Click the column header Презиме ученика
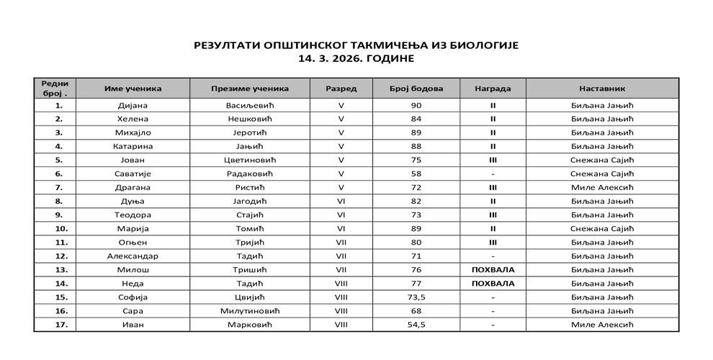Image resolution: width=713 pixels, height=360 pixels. click(250, 89)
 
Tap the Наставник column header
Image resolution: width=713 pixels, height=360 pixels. click(601, 89)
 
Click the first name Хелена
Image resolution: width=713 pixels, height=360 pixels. click(133, 119)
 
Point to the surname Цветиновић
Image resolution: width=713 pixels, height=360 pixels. click(250, 160)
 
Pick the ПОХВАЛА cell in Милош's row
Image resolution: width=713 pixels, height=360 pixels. click(493, 270)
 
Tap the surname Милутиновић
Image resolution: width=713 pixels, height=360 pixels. click(250, 311)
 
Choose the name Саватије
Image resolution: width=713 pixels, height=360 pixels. click(133, 174)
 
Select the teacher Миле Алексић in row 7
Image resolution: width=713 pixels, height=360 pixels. click(601, 187)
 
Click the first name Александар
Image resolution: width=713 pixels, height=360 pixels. click(133, 256)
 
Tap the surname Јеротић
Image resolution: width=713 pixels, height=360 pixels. click(250, 132)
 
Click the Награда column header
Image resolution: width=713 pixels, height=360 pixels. click(493, 89)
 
